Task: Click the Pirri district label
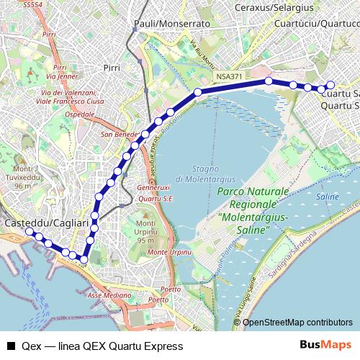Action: (112, 67)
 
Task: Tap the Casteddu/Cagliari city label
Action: (37, 224)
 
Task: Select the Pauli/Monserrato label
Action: (172, 24)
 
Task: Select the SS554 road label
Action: (33, 6)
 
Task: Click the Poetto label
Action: (171, 289)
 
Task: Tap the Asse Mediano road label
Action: (109, 295)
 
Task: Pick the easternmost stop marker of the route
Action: (330, 84)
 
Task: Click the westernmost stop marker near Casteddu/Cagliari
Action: (29, 232)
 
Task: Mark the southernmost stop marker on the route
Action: (84, 260)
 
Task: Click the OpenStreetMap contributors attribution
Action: (297, 323)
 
